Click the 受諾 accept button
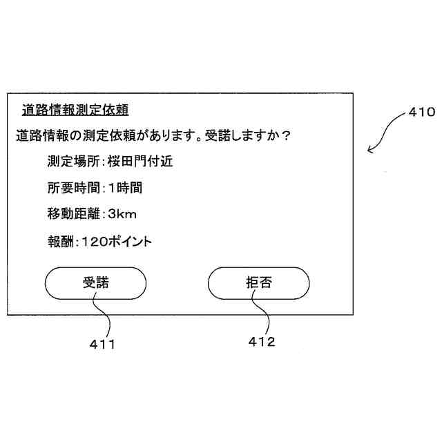pyautogui.click(x=96, y=282)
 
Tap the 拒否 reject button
pyautogui.click(x=259, y=282)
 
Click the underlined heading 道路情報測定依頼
pyautogui.click(x=76, y=109)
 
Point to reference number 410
pyautogui.click(x=421, y=111)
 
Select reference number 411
pyautogui.click(x=102, y=343)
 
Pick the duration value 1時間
pyautogui.click(x=125, y=188)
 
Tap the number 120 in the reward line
pyautogui.click(x=93, y=242)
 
